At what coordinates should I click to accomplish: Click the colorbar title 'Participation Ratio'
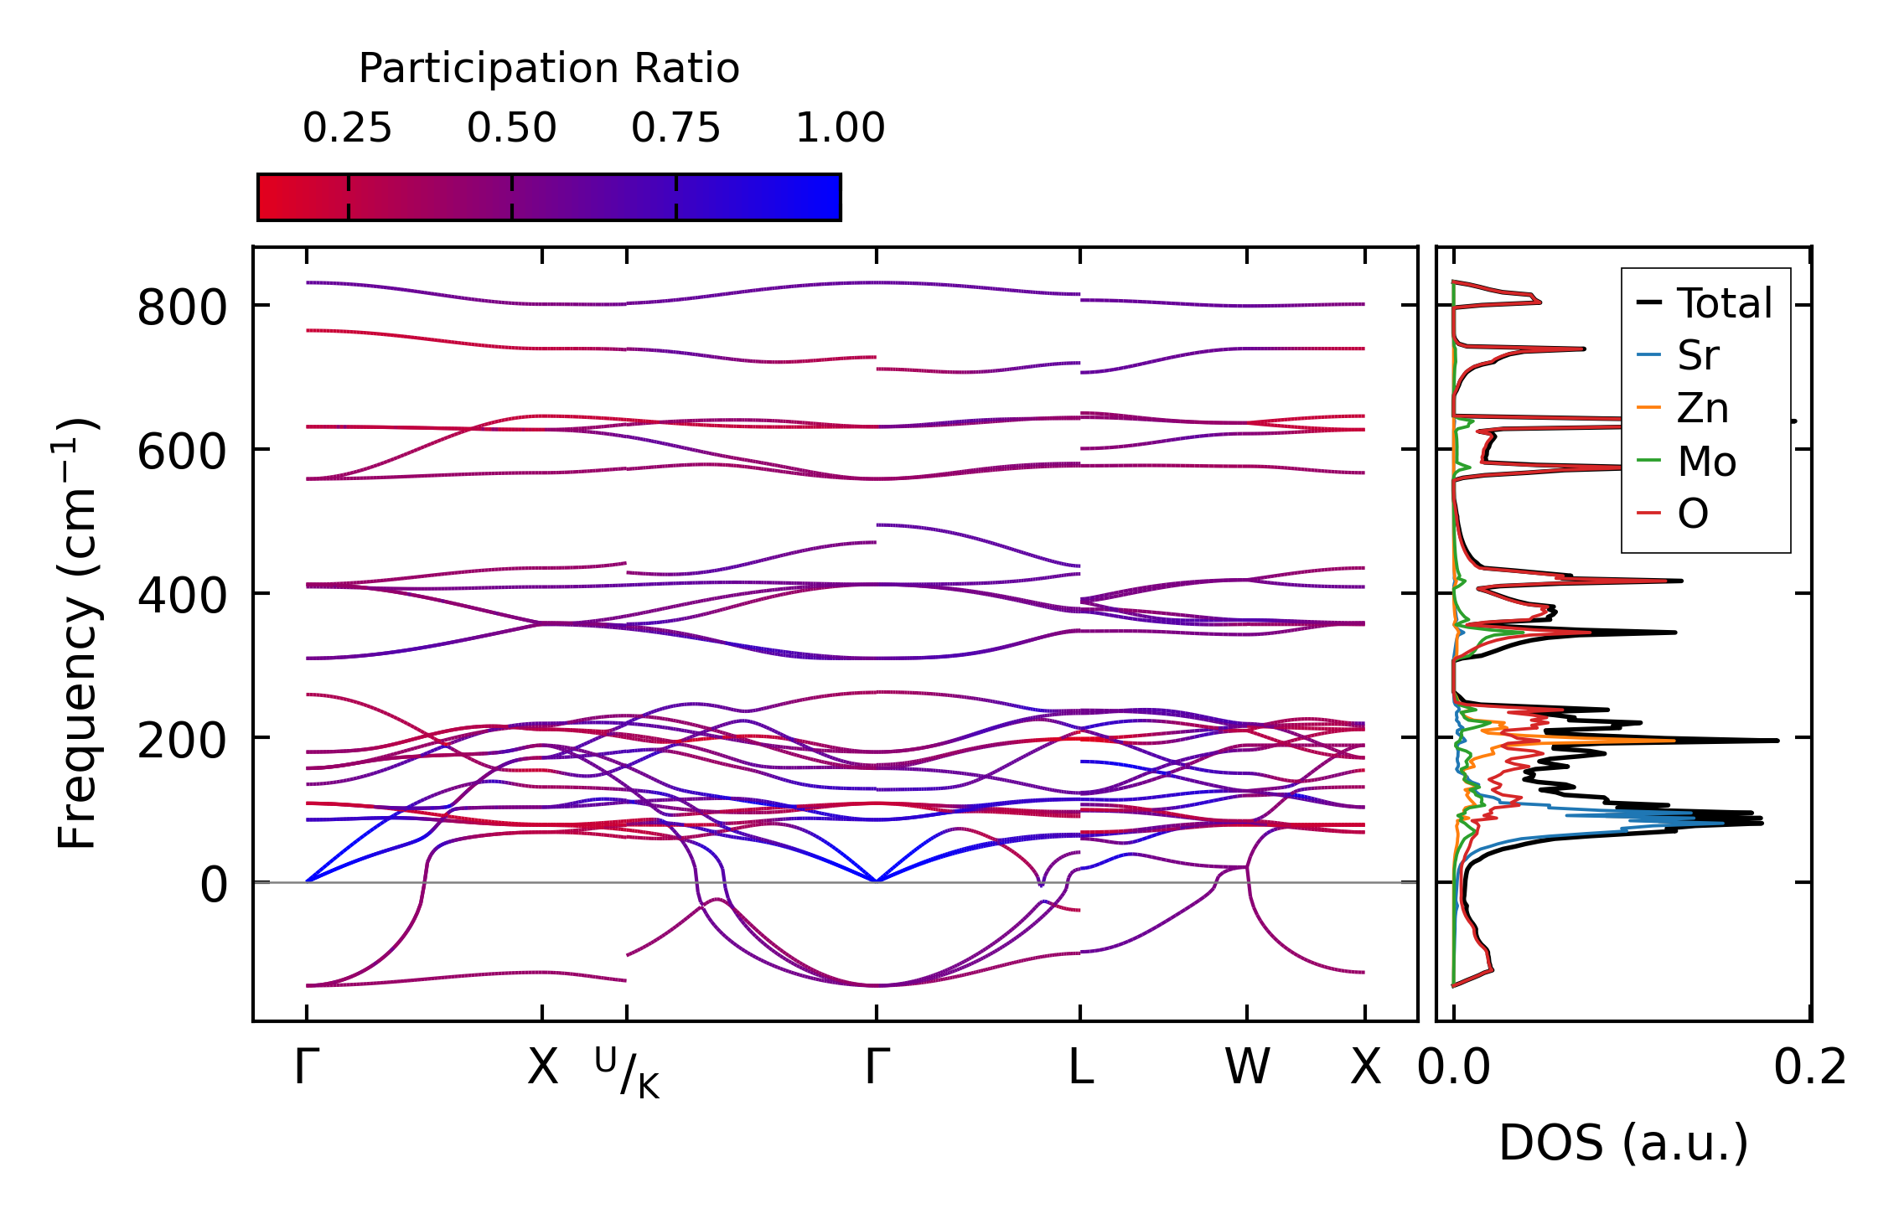point(549,69)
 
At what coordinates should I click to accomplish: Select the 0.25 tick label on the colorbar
point(347,128)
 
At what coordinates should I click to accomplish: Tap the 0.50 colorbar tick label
point(511,128)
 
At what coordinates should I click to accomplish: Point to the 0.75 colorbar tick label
point(675,128)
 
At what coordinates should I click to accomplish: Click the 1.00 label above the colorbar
point(840,128)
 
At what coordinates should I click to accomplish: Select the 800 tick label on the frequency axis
point(182,307)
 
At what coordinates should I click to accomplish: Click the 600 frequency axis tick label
point(182,452)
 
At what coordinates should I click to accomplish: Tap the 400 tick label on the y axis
point(182,597)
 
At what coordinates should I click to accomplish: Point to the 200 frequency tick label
point(182,741)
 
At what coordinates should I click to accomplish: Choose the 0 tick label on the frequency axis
point(213,886)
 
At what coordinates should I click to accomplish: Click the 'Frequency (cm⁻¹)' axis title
point(78,633)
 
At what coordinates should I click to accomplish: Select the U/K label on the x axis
point(627,1072)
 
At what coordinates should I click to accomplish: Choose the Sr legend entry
point(1698,356)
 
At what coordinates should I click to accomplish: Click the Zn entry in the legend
point(1702,409)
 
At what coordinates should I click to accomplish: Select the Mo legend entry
point(1706,462)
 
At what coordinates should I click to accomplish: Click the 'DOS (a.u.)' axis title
point(1623,1144)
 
